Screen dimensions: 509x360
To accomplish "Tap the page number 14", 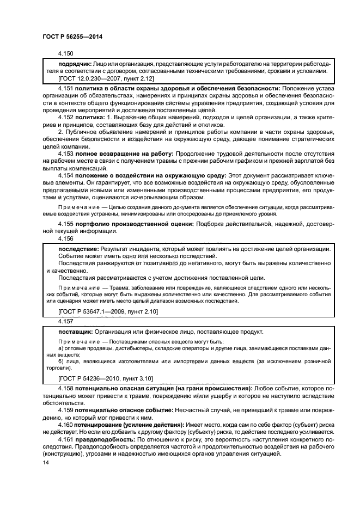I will pyautogui.click(x=45, y=462).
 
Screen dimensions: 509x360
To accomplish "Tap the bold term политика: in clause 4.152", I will pyautogui.click(x=90, y=116).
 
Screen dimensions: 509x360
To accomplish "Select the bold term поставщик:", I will pyautogui.click(x=76, y=332).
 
